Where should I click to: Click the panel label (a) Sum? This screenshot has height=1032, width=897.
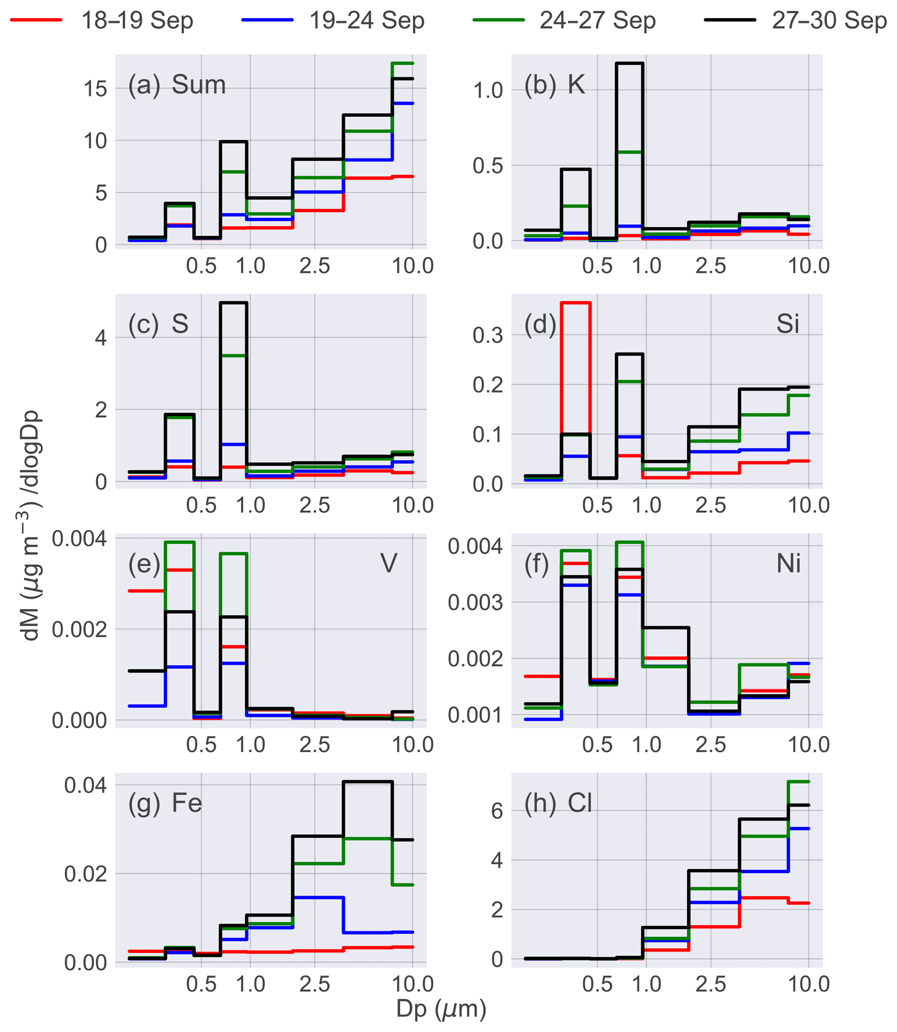tap(177, 85)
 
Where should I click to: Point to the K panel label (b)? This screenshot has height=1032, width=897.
tap(554, 85)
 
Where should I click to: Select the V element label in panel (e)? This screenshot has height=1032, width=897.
tap(389, 563)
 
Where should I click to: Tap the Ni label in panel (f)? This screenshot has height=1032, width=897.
tap(789, 564)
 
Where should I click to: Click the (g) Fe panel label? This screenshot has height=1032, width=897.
tap(165, 803)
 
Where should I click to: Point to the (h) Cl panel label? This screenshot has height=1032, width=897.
tap(558, 803)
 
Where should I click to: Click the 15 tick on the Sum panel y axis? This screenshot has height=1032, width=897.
tap(95, 89)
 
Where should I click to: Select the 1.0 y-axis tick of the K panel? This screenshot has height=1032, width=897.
tap(488, 91)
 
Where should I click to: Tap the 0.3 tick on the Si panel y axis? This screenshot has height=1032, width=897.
tap(488, 336)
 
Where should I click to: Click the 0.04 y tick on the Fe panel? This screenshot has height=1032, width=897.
tap(85, 785)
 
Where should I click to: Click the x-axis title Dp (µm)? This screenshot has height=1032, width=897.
tap(441, 1009)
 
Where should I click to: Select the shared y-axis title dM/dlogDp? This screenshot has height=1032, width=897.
tap(31, 526)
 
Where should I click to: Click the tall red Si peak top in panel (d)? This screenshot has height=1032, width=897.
tap(576, 303)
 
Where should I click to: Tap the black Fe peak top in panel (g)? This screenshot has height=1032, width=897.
tap(368, 782)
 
